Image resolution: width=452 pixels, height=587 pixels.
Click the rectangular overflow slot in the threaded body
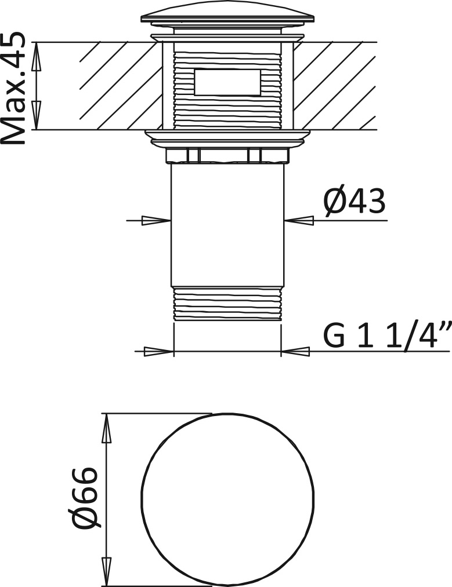pyautogui.click(x=227, y=82)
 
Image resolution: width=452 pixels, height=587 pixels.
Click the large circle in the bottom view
pyautogui.click(x=227, y=500)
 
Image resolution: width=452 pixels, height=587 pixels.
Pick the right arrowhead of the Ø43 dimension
pyautogui.click(x=299, y=221)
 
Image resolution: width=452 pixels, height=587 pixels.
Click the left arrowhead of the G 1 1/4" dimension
pyautogui.click(x=159, y=352)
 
